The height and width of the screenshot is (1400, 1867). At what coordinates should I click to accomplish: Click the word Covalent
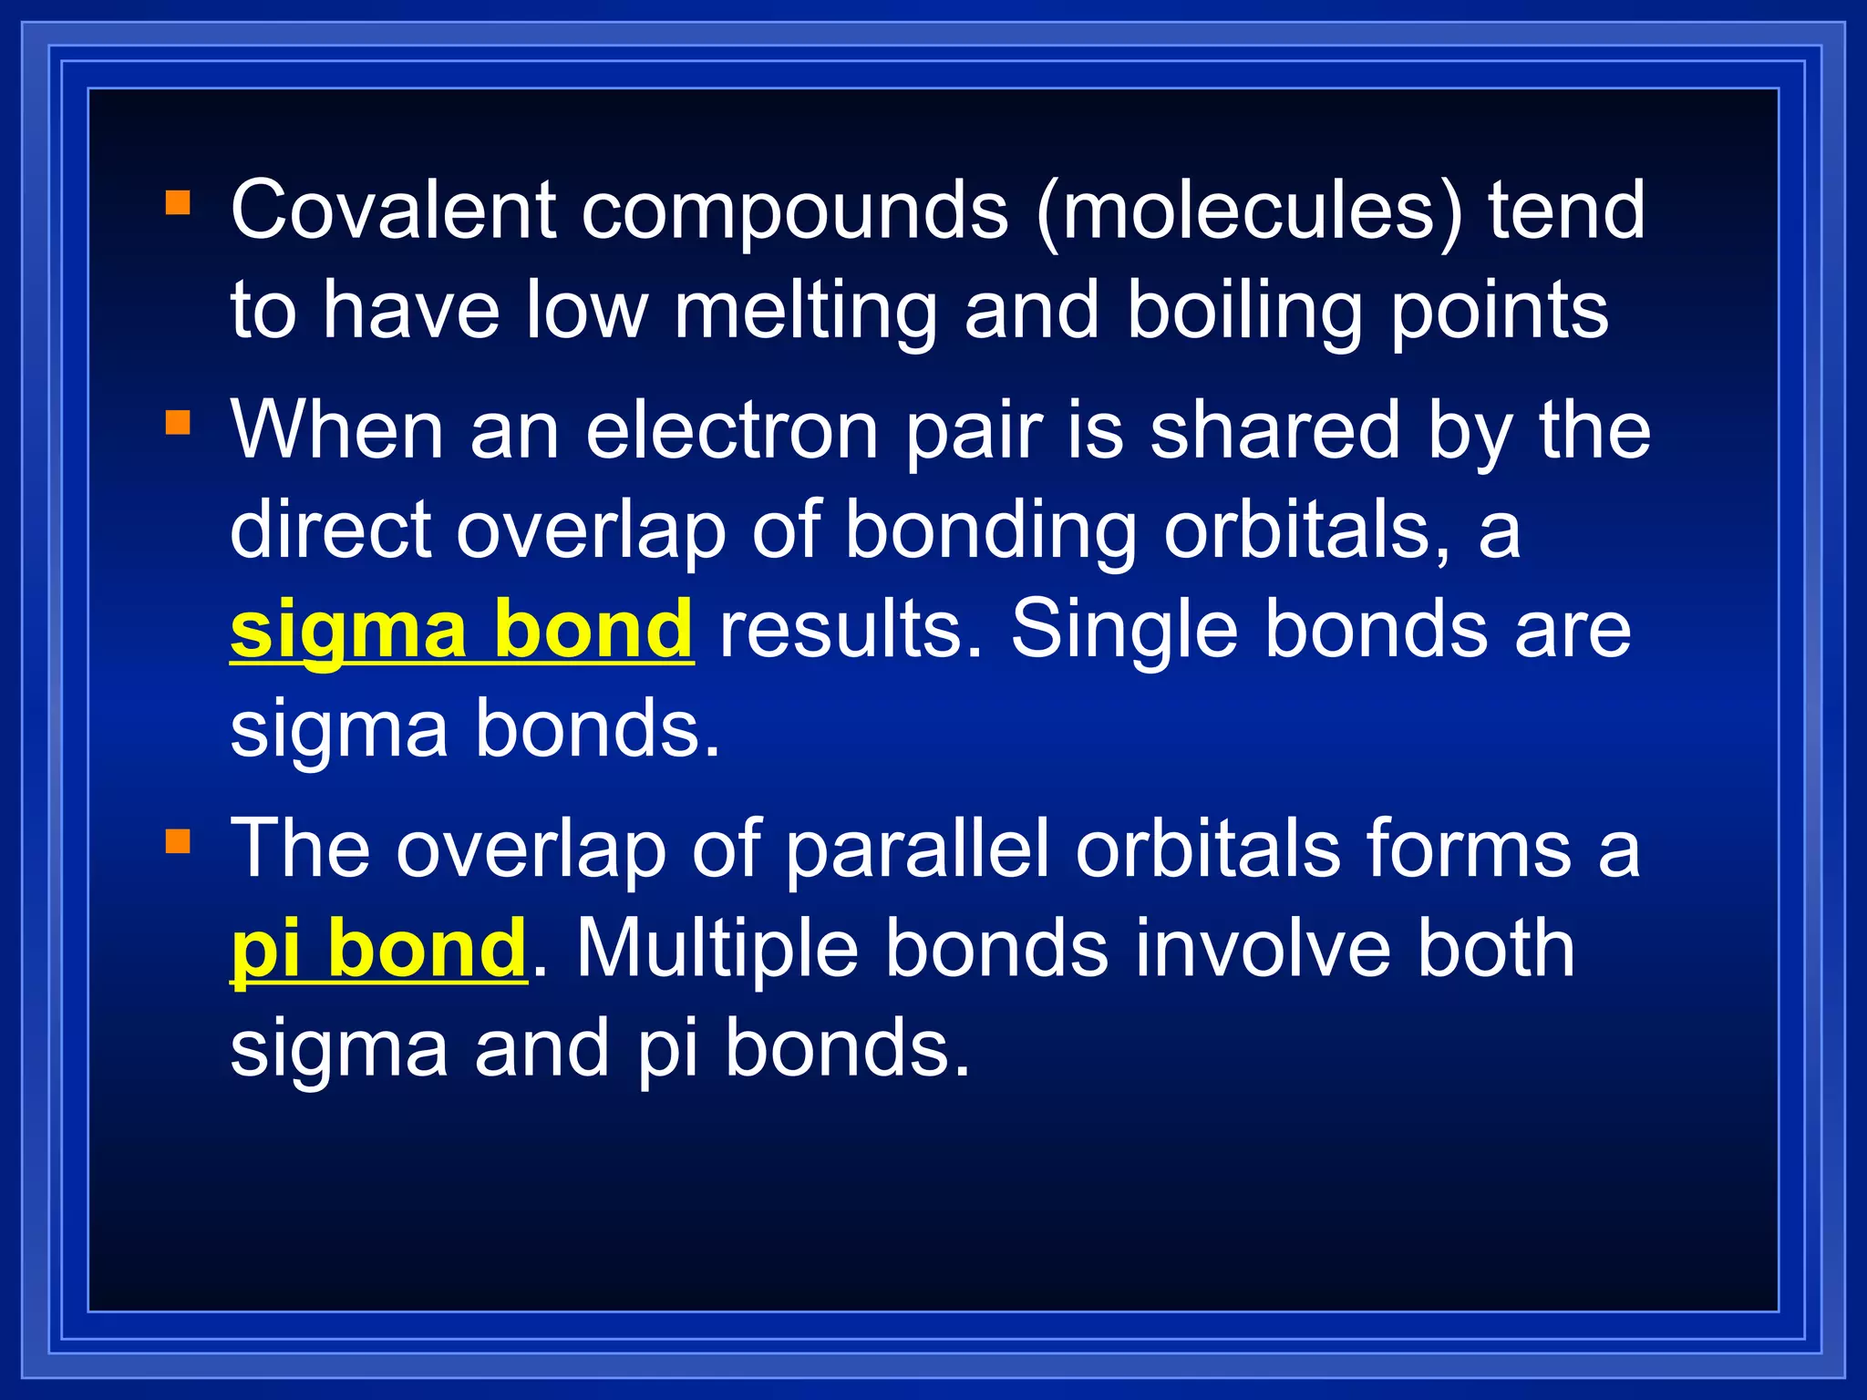[393, 211]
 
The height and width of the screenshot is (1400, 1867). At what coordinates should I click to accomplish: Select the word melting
[806, 311]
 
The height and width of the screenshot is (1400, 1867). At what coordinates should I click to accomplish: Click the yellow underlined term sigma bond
[461, 630]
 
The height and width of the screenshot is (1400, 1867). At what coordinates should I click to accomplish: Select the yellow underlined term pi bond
[378, 950]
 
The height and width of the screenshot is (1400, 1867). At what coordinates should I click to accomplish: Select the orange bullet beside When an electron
[178, 423]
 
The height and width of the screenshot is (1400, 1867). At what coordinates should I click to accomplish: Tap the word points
[1499, 311]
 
